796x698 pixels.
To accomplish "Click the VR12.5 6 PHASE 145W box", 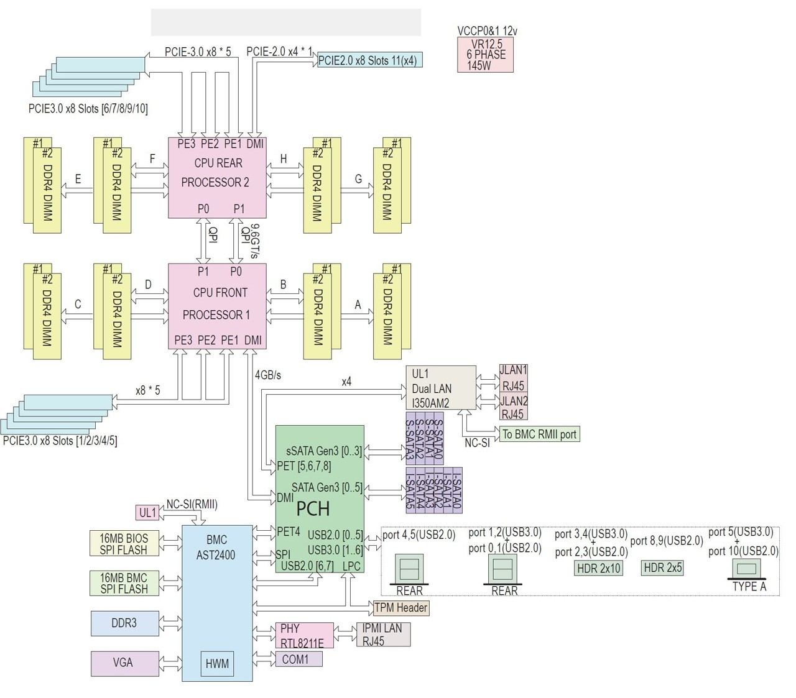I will point(485,55).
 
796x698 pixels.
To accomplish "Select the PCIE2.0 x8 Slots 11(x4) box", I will point(370,60).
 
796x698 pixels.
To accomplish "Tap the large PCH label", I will point(313,509).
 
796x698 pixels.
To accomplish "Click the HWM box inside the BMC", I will point(217,664).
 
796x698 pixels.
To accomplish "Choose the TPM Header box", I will point(401,607).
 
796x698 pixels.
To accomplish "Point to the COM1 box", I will point(298,659).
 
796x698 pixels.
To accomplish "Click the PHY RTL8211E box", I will point(304,635).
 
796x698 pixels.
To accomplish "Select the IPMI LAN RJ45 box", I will point(383,635).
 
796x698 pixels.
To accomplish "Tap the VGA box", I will point(124,663).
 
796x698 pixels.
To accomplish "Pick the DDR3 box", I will point(124,623).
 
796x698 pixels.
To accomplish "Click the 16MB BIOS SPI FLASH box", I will point(124,543).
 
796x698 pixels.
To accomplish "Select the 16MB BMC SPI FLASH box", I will point(124,583).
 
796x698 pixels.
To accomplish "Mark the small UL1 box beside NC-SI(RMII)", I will point(147,513).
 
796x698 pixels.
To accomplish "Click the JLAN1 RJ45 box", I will point(513,377).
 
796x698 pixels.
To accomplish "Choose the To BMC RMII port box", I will point(539,434).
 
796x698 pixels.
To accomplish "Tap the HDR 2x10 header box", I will point(598,567).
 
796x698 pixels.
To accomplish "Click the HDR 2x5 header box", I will point(662,567).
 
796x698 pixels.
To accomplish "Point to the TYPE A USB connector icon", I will point(748,567).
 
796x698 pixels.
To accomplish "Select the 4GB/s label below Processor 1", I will point(268,375).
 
